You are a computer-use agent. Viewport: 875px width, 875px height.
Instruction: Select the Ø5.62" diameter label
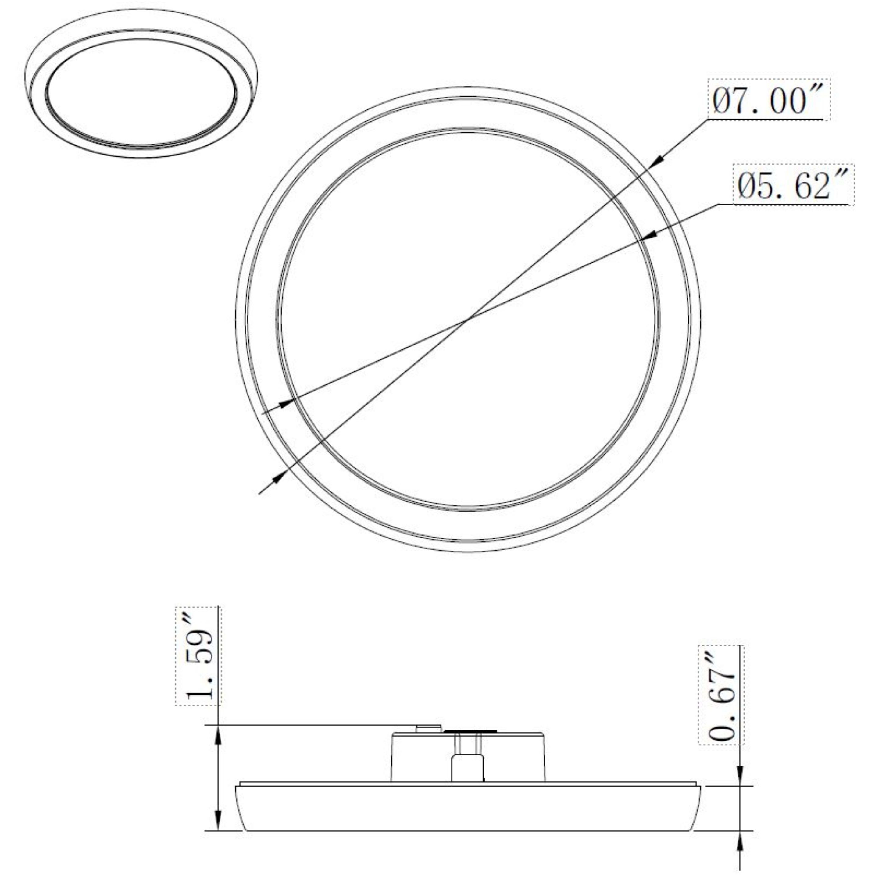point(793,186)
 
